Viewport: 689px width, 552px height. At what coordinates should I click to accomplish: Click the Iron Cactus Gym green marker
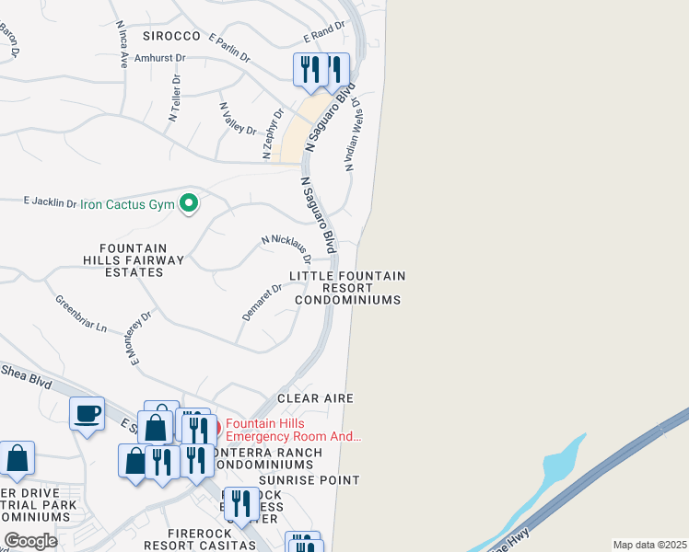(189, 202)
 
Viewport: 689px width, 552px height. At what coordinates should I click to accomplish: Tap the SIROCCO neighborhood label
(171, 36)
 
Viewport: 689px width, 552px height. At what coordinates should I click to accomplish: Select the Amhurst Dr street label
(161, 57)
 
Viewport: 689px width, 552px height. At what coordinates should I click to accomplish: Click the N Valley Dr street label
(238, 118)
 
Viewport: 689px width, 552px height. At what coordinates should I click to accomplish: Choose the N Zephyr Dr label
(273, 134)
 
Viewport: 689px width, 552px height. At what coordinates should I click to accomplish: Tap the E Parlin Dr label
(229, 48)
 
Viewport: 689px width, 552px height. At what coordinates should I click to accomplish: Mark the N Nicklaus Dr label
(286, 247)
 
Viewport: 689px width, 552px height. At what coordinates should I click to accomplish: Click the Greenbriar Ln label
(81, 314)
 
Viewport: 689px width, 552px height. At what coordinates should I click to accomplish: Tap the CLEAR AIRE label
(316, 398)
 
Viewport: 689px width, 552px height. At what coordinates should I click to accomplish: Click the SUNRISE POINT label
(309, 480)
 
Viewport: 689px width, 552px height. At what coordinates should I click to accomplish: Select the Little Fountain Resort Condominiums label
(347, 288)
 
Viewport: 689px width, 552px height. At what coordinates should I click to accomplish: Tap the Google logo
(30, 540)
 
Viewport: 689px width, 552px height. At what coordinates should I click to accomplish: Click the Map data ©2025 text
(648, 545)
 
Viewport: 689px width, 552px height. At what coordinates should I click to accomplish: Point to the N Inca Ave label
(123, 49)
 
